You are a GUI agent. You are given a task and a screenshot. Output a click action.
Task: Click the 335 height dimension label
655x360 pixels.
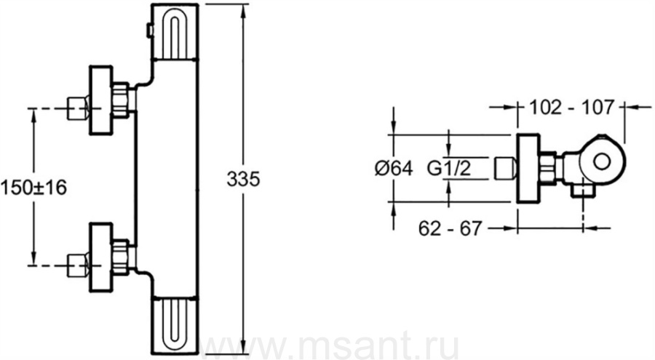(x=243, y=179)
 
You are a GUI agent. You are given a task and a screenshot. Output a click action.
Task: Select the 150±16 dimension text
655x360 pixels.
(x=33, y=188)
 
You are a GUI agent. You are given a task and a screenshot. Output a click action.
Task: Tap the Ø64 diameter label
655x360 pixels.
(x=394, y=169)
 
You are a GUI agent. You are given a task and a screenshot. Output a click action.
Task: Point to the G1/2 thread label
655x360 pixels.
(x=449, y=168)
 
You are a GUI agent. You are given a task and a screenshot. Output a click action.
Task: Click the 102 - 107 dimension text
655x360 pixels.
(x=572, y=108)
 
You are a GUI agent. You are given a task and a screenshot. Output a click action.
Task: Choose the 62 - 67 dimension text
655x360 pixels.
(x=450, y=228)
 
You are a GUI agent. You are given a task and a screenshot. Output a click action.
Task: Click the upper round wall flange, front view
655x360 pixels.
(x=101, y=100)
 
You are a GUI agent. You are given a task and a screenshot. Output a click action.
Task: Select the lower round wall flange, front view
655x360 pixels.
(x=101, y=257)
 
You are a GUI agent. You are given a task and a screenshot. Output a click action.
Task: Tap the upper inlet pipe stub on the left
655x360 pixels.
(x=78, y=108)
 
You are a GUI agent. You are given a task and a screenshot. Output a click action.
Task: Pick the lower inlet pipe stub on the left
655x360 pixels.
(x=78, y=265)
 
